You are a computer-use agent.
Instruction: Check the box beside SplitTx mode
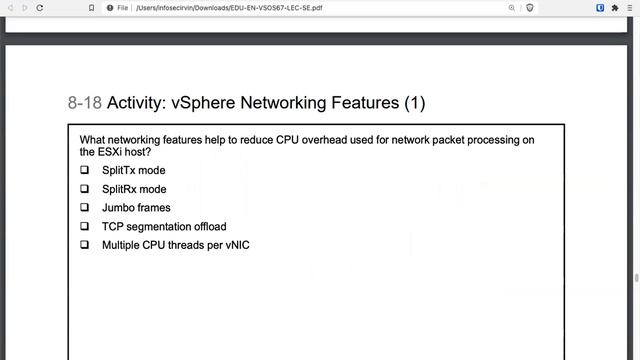84,170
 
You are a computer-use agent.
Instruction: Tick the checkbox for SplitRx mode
84,189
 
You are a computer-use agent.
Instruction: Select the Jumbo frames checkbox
84,207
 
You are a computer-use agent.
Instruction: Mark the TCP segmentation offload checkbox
84,226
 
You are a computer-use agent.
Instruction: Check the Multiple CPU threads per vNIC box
84,244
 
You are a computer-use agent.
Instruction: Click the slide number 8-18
84,103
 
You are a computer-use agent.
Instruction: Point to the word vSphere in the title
203,103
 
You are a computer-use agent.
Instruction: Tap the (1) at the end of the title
415,103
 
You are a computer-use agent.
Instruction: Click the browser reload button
40,8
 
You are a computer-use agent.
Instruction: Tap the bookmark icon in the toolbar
91,8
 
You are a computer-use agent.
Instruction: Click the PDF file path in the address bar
229,8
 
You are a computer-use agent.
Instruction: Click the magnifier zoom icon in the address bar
511,8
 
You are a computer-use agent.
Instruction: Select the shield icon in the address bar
530,8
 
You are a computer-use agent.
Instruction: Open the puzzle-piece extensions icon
615,8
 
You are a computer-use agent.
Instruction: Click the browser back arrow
11,8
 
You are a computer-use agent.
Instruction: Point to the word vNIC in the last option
238,245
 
